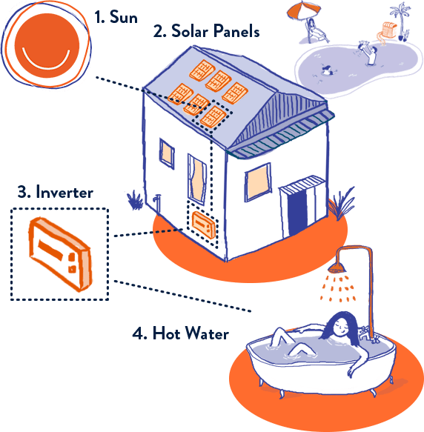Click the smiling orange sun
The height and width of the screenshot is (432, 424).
pos(47,45)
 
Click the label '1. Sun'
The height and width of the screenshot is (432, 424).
pos(116,17)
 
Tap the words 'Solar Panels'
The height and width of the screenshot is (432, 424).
pos(215,30)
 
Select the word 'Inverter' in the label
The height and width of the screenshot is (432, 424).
pos(64,192)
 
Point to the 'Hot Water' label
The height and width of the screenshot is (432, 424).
pos(191,333)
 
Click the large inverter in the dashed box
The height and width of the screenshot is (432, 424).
pos(60,253)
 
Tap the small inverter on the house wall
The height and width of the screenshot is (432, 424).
pos(204,225)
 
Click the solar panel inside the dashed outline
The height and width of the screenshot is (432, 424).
pos(213,117)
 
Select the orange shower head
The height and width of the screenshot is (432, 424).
pos(337,267)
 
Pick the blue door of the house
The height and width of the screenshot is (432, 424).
pos(297,213)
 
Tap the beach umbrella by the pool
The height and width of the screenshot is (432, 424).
pos(303,11)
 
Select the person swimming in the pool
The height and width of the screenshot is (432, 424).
pos(327,70)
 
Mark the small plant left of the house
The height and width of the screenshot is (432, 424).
pos(135,200)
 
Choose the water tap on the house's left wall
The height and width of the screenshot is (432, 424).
pos(156,202)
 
